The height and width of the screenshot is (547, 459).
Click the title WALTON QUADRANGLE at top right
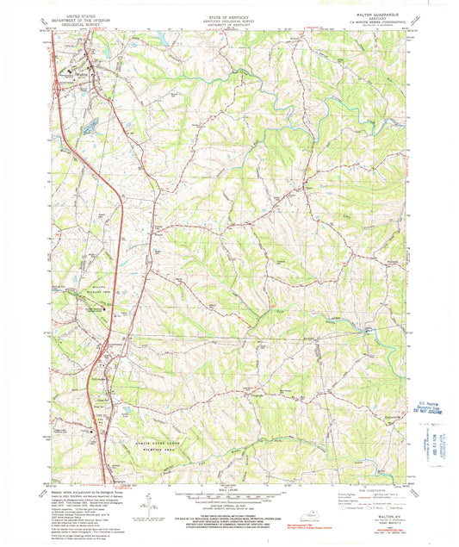click(372, 14)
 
